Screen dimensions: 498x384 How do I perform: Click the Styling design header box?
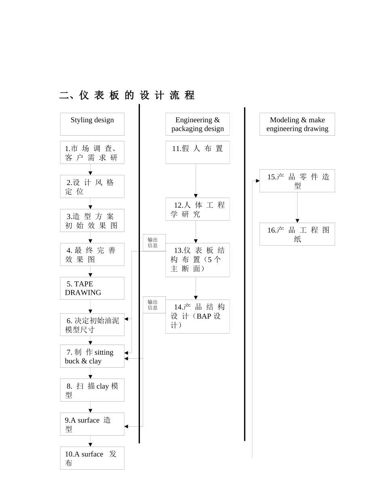pos(92,124)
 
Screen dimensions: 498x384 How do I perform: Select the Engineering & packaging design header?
pos(197,124)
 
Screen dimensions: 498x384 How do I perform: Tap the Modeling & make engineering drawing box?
pos(297,124)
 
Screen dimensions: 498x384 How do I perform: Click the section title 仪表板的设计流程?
pos(127,96)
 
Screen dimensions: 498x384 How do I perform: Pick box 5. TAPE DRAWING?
pos(92,288)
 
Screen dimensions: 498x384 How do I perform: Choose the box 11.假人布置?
pos(197,152)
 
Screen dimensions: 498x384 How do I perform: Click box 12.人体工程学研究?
pos(197,209)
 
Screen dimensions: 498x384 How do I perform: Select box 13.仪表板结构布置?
pos(197,260)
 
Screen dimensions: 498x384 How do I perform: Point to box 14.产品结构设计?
pos(197,316)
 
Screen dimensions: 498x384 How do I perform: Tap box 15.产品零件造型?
pos(297,181)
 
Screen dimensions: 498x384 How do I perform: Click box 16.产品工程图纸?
pos(297,234)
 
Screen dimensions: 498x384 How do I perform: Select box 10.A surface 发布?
pos(92,458)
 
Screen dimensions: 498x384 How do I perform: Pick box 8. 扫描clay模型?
pos(92,390)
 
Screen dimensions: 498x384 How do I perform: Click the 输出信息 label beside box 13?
pos(153,243)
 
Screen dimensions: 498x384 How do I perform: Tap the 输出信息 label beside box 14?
pos(153,305)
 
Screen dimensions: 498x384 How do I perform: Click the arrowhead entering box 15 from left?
pos(257,181)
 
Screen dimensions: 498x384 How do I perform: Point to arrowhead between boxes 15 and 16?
pos(297,221)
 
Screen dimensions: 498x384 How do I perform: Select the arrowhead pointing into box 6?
pos(127,319)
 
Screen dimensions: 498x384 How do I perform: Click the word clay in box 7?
pos(95,361)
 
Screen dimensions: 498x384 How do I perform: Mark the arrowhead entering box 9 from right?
pos(127,426)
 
